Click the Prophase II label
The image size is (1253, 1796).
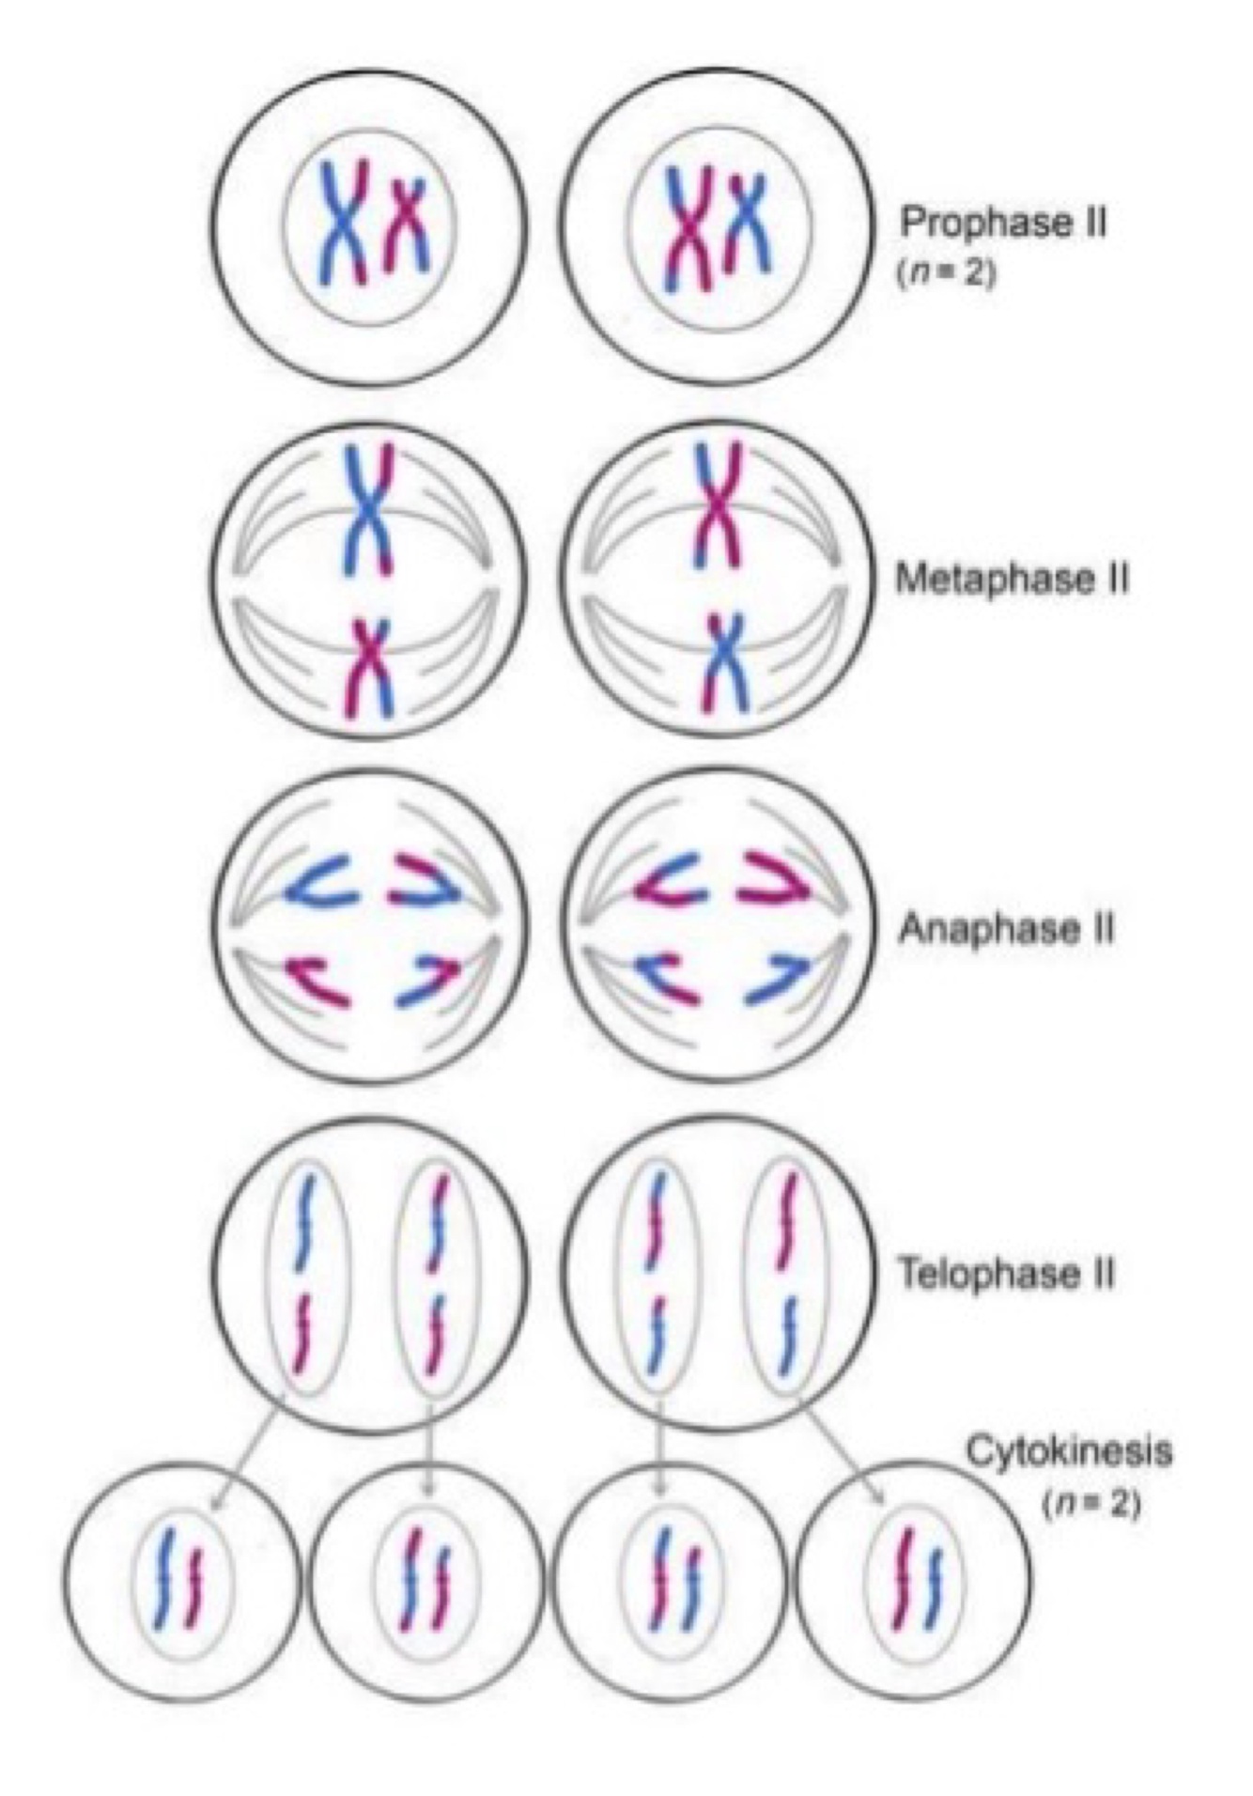tap(1003, 224)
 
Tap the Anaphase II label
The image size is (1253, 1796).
tap(1006, 929)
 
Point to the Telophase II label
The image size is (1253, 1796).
tap(1006, 1275)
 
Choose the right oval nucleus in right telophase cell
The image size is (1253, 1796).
tap(787, 1273)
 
